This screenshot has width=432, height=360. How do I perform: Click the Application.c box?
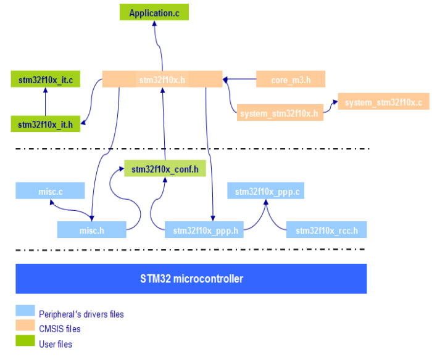click(154, 12)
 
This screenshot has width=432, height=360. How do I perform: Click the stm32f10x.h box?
click(162, 80)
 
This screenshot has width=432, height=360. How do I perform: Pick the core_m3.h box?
click(289, 80)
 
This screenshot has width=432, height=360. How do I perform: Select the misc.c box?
click(50, 191)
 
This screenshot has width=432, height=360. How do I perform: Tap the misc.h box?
click(92, 230)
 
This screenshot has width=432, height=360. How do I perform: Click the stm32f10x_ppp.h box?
click(204, 231)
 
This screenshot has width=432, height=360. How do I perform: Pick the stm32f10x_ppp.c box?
click(267, 191)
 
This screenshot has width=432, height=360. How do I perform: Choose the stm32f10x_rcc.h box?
click(326, 231)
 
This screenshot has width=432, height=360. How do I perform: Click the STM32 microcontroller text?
click(191, 279)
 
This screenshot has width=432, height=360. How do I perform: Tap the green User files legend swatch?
click(25, 342)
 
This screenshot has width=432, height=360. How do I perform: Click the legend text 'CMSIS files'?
click(59, 329)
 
